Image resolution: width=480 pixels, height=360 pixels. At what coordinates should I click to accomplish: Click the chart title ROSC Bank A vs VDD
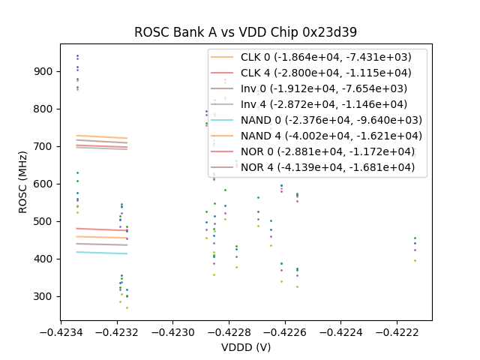[245, 32]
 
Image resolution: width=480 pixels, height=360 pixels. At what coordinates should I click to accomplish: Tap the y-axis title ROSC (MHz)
[25, 181]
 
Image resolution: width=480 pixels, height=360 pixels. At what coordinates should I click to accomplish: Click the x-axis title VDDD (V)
[245, 347]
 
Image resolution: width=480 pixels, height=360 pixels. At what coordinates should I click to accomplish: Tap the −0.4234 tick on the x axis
[60, 329]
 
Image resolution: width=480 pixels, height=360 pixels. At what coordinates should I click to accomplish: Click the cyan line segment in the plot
[101, 253]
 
